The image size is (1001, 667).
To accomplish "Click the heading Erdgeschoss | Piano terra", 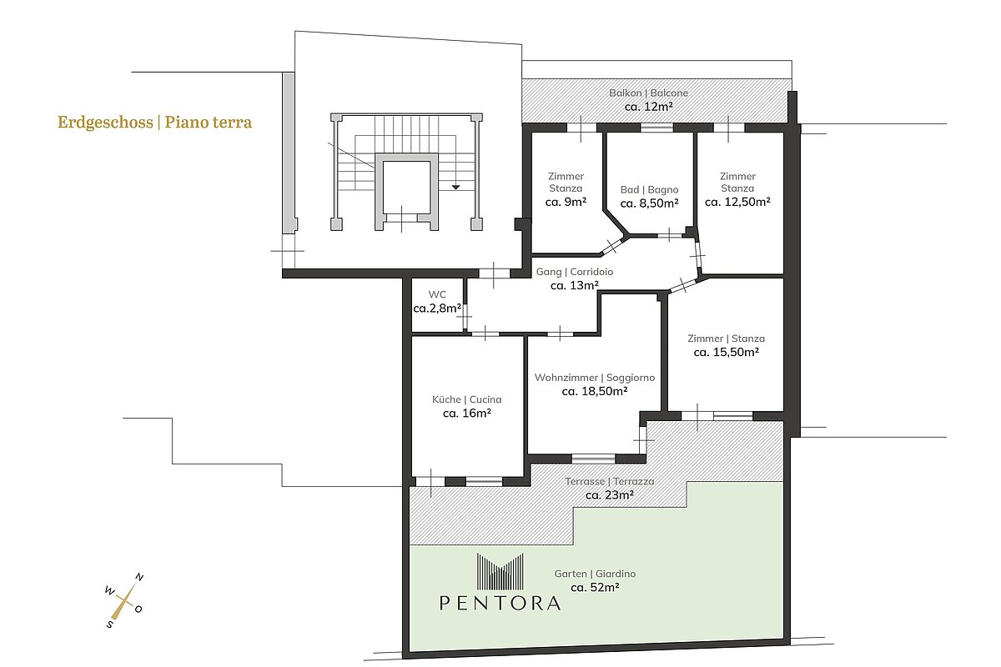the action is (154, 122).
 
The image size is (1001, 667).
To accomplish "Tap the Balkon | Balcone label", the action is (648, 93).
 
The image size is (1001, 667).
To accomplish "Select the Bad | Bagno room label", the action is (649, 189).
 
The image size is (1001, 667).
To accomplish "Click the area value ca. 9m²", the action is (566, 202).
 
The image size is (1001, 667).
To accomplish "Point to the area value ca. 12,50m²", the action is (737, 202).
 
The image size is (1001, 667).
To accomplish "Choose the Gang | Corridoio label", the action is (574, 272).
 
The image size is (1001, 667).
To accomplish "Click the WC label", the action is (437, 294).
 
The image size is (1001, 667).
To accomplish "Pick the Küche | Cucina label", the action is (466, 399).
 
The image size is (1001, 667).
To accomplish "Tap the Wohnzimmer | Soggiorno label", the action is (594, 378).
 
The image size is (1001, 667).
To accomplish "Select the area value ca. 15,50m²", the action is (727, 352).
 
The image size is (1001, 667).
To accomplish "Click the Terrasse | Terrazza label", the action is (610, 481).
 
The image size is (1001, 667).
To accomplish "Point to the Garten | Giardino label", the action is (595, 574).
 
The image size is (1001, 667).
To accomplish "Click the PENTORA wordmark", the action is (500, 603).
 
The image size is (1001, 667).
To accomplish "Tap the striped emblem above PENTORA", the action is (500, 571).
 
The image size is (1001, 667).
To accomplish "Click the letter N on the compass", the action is (139, 577).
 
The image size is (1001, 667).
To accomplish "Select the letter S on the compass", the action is (109, 624).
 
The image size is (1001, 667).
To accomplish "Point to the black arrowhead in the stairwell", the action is (455, 188).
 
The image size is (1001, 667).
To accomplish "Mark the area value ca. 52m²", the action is (595, 587).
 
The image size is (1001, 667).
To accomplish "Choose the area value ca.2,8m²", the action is (437, 308).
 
